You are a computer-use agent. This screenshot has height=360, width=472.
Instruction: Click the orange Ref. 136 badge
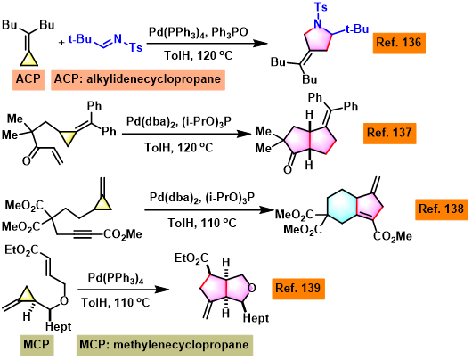coord(399,43)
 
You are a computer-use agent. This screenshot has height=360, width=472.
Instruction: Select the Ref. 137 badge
coord(389,133)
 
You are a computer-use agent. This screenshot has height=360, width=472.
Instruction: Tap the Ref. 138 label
coord(442,209)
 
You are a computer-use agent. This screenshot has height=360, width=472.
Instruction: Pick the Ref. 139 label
coord(298,289)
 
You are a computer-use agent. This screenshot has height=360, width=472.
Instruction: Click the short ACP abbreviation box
coord(28,79)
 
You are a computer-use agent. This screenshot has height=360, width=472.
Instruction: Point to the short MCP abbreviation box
coord(37,345)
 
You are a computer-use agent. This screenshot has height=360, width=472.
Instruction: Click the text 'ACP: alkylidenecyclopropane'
coord(138,79)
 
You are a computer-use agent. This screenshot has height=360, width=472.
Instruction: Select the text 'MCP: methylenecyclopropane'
coord(165,345)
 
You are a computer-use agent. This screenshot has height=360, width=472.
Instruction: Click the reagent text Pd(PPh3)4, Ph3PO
coord(199,32)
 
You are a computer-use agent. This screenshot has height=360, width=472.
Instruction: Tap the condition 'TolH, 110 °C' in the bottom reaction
coord(116,302)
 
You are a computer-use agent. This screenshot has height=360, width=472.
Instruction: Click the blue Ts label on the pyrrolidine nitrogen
coord(321,6)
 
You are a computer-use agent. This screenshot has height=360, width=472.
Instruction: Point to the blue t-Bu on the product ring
coord(357,29)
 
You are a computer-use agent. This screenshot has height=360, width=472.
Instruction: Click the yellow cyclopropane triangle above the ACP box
coord(28,60)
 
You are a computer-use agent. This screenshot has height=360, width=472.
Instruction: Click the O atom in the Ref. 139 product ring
coord(252,289)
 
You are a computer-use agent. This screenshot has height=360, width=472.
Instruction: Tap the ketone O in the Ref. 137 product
coord(288,169)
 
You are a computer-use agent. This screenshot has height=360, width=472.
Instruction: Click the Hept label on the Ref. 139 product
coord(256,318)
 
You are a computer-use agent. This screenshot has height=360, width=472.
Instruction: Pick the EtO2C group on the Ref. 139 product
coord(191,258)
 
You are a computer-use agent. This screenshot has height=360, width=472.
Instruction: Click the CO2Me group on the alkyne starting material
coord(123,234)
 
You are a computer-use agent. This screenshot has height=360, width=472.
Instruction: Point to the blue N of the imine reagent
coord(118,38)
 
